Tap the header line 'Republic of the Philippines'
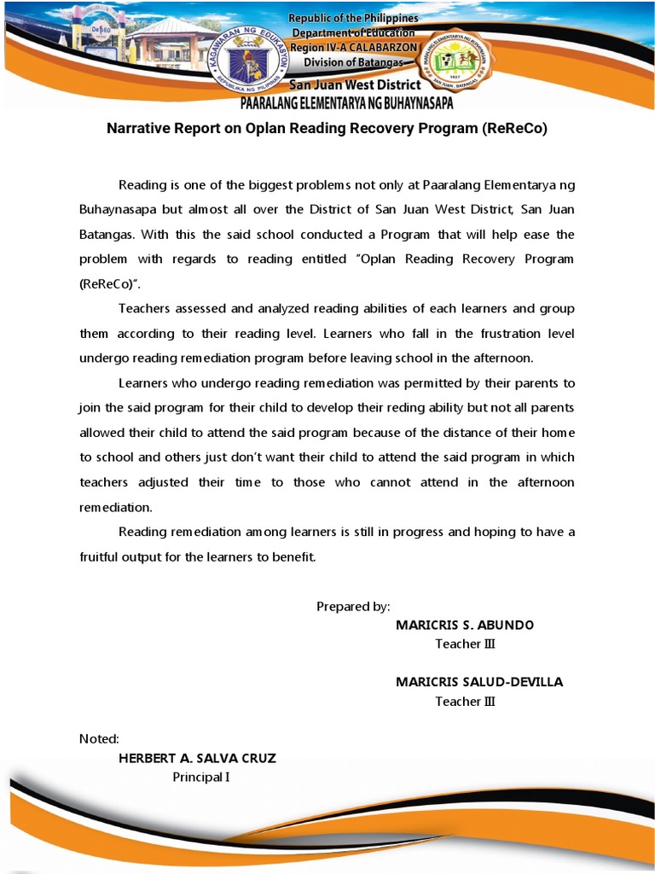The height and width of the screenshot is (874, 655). coord(354,18)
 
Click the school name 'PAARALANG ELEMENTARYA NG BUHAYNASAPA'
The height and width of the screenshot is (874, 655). coord(346,104)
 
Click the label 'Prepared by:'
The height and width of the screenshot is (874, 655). coord(353,607)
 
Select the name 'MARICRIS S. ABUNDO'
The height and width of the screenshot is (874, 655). coord(465,625)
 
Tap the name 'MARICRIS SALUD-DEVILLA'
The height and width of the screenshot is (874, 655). coord(479,682)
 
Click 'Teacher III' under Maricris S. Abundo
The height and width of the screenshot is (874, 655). coord(465,644)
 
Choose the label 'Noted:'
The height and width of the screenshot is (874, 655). coord(99,739)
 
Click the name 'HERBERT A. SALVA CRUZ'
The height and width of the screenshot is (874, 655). coord(197,758)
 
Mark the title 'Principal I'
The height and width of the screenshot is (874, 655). coord(201,777)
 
